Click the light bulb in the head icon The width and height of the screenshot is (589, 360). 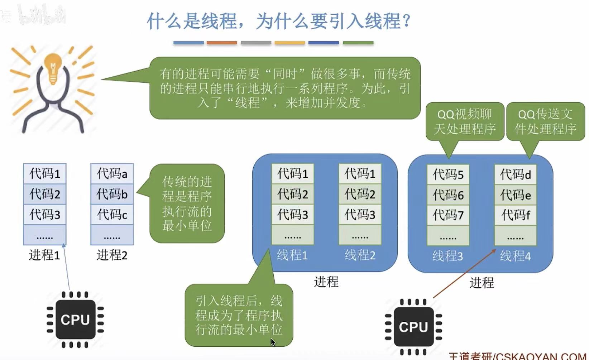53,68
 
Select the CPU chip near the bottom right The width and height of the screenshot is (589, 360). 413,327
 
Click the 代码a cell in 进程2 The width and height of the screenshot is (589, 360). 112,174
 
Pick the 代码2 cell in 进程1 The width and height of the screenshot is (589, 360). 45,194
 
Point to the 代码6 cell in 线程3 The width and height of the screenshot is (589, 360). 448,195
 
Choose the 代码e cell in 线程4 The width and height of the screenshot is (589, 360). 515,195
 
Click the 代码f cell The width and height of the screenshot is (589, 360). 515,215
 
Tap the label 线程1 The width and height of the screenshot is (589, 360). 292,255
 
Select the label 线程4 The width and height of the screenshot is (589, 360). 515,256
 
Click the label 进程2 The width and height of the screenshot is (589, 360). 112,255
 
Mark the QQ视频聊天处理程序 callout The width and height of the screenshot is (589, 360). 465,122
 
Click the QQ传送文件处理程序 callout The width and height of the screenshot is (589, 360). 545,122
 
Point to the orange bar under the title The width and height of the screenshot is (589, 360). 222,43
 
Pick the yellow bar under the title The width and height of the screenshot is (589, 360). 289,43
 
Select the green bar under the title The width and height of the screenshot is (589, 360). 358,43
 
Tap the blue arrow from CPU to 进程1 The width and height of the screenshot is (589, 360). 67,267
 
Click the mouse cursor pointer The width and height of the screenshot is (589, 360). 273,342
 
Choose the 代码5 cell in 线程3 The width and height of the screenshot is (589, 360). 448,174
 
